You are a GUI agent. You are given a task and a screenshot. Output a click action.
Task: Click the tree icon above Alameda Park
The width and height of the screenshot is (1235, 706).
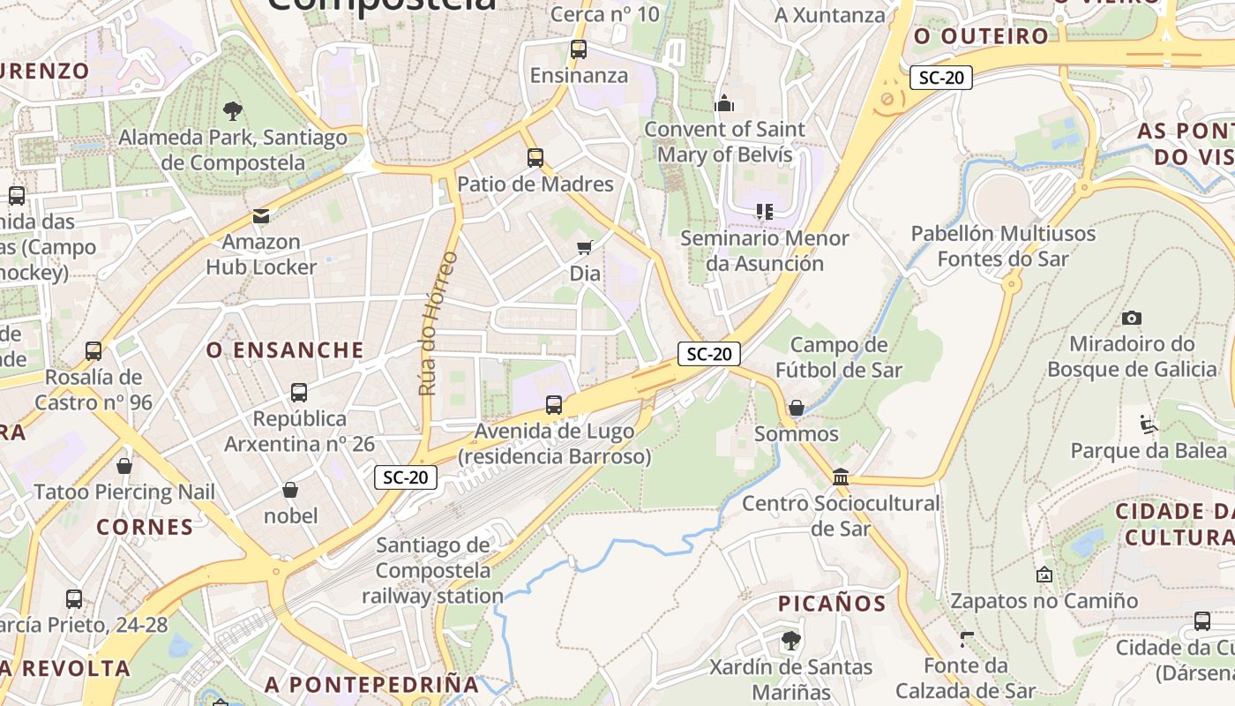[x=233, y=111]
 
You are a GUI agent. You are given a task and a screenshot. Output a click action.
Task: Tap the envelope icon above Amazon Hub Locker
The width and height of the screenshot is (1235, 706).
[x=261, y=215]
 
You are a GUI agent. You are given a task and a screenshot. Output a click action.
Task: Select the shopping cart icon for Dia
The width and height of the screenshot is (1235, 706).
[x=584, y=247]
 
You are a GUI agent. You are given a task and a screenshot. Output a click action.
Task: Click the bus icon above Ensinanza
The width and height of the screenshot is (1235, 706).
[x=579, y=49]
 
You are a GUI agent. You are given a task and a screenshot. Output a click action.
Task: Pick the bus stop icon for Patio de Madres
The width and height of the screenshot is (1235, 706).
[x=535, y=158]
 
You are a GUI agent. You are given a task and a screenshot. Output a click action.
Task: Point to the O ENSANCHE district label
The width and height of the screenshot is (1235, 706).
[x=285, y=350]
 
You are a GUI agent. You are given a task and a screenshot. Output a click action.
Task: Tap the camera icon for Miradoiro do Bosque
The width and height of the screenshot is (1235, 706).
[x=1132, y=318]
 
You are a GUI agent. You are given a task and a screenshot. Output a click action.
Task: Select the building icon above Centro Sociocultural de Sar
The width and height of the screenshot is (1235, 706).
[x=841, y=477]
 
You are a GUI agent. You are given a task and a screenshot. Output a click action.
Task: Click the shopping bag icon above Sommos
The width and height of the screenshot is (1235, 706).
[x=796, y=407]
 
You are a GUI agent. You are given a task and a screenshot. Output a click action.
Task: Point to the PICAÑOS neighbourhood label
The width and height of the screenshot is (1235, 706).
[x=831, y=604]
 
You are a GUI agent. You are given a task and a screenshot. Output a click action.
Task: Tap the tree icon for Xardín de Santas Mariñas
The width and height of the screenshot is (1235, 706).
[x=790, y=640]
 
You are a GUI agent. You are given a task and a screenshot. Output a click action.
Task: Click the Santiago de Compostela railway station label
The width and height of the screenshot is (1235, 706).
[x=433, y=571]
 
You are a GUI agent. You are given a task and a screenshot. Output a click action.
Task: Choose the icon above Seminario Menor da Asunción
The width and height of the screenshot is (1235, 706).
[x=764, y=212]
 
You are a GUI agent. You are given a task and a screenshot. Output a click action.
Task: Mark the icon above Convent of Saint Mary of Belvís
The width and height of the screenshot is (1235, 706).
[x=724, y=103]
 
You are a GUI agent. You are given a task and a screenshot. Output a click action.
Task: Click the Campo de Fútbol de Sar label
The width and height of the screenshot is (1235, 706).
[x=838, y=357]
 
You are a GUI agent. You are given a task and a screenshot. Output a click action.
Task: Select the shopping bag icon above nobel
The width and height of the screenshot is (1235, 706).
[x=290, y=490]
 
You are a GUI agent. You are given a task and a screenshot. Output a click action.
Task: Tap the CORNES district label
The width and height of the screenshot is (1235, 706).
[x=145, y=527]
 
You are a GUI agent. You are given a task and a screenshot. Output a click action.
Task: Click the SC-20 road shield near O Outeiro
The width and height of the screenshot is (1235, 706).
[x=941, y=78]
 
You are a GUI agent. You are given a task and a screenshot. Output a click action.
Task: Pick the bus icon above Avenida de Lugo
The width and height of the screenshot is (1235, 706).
[x=554, y=405]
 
